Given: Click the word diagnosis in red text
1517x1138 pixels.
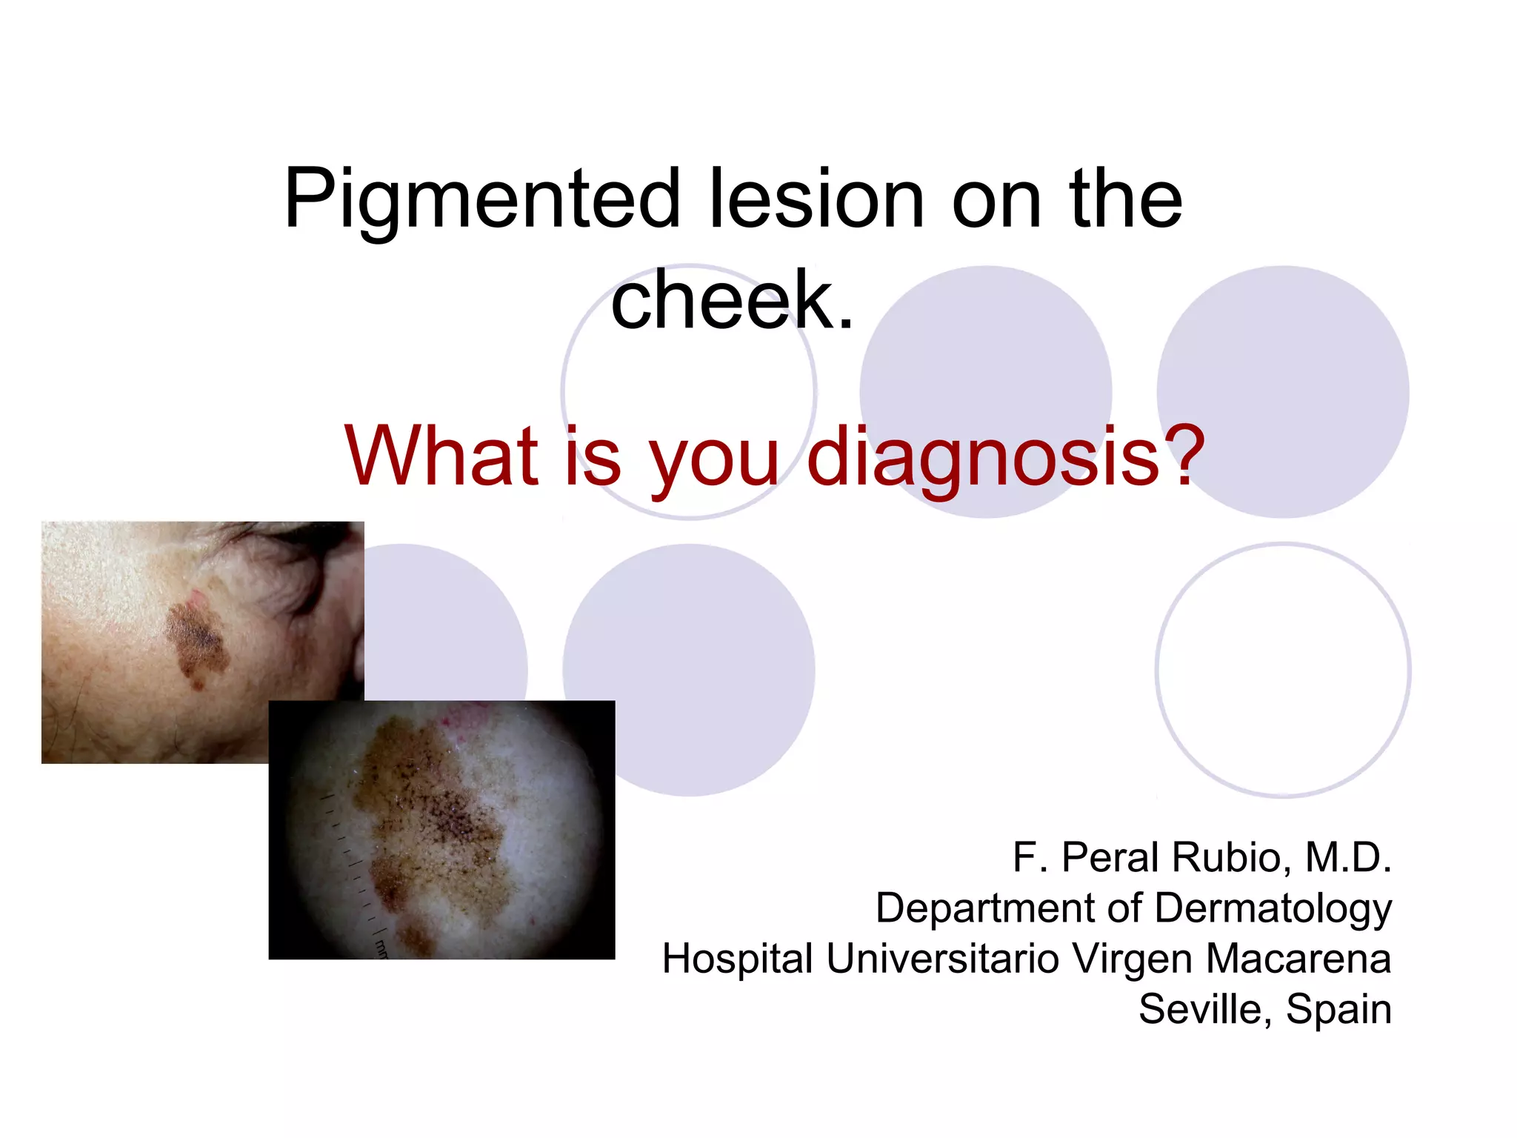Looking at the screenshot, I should coord(982,457).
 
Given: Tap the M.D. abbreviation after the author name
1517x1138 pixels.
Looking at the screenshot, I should coord(1348,858).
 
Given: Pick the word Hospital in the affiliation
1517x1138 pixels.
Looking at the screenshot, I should coord(737,959).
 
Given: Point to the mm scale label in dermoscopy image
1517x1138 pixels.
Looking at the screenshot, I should coord(381,948).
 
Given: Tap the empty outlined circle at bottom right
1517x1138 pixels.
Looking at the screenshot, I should coord(1283,671).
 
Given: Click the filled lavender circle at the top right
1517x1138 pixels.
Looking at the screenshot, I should coord(1283,391).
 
